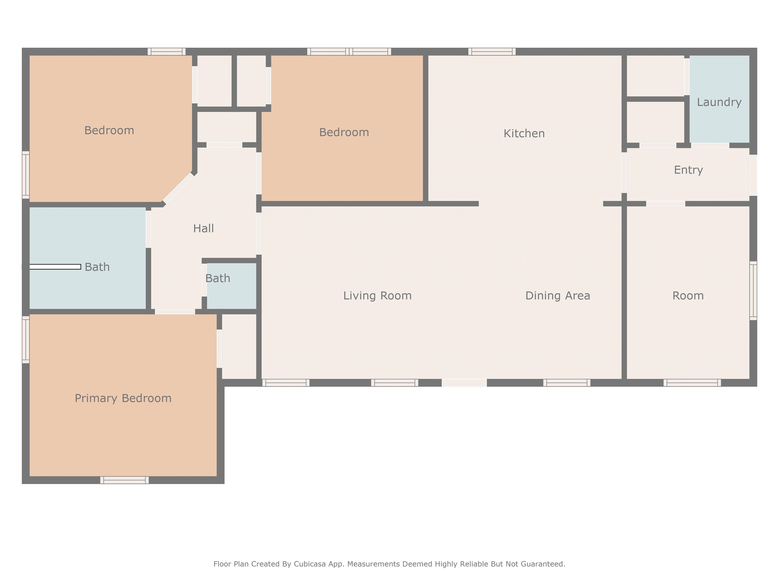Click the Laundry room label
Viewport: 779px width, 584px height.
[x=719, y=102]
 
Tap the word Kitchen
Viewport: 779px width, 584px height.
[x=524, y=133]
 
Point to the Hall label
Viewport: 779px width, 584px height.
[x=204, y=228]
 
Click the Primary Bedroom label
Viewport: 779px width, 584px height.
[x=123, y=398]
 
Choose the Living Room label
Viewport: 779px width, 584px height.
[x=378, y=296]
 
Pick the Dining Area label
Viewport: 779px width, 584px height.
[x=558, y=296]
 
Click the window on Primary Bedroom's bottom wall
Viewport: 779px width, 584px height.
[x=124, y=480]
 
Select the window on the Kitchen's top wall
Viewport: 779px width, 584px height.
[x=492, y=52]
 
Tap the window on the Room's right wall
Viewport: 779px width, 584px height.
[x=753, y=291]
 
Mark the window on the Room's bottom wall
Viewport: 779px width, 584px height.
[x=692, y=383]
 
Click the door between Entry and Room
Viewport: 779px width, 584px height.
[x=666, y=204]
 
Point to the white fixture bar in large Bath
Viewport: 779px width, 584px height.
[x=55, y=267]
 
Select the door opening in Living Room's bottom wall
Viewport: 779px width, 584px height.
[x=464, y=383]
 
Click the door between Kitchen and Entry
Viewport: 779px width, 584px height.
[x=624, y=173]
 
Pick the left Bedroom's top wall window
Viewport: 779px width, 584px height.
[x=167, y=52]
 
